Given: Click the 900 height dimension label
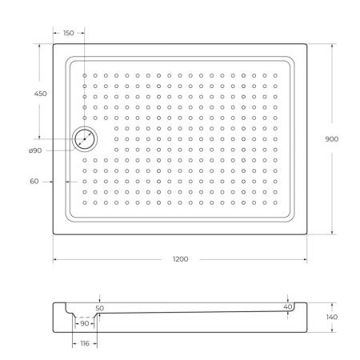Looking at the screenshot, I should (x=331, y=138).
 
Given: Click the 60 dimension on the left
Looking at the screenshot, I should (x=34, y=181).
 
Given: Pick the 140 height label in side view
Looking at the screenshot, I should (x=332, y=317).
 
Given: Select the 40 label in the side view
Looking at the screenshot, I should (x=287, y=306).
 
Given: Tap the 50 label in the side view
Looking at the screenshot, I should (x=99, y=307).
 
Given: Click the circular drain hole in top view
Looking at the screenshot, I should (x=84, y=138).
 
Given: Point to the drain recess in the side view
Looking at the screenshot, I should (x=84, y=319).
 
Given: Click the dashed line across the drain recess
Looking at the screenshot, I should (x=84, y=317).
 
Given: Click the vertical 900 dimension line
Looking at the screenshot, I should (x=332, y=96).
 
